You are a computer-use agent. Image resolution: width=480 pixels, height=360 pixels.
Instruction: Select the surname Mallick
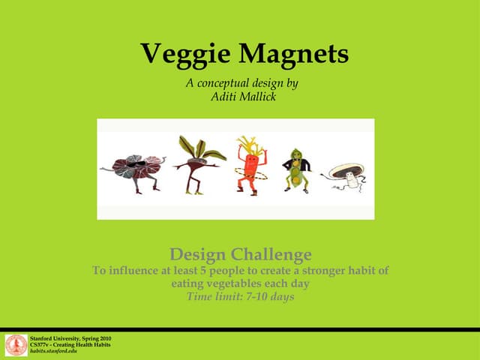(258, 97)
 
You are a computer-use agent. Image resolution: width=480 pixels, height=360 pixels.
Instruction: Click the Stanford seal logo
(16, 345)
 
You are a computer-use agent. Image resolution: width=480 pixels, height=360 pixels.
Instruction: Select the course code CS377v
(40, 345)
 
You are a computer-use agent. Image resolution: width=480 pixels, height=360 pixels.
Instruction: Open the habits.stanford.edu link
(53, 351)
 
